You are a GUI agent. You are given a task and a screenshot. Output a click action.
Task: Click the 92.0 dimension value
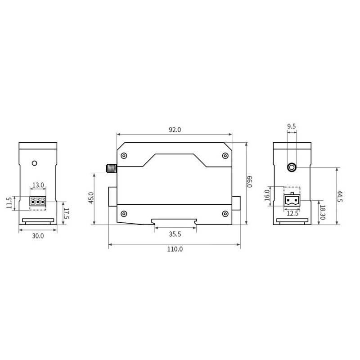(x=174, y=130)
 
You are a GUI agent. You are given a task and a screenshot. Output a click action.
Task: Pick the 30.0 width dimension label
(x=38, y=235)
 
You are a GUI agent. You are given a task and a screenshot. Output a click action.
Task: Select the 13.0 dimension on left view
(x=38, y=185)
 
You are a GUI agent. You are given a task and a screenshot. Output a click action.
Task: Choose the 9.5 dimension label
(x=291, y=126)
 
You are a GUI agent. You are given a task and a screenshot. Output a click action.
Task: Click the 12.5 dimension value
(x=292, y=213)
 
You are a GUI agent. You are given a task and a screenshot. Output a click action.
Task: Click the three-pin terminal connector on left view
(x=38, y=202)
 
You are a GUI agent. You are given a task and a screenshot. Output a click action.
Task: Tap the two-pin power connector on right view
(x=292, y=200)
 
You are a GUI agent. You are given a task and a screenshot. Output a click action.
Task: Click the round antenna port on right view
(x=292, y=167)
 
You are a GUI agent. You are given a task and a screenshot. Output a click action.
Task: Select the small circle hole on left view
(x=34, y=162)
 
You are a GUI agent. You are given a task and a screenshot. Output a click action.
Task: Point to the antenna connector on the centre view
(x=111, y=169)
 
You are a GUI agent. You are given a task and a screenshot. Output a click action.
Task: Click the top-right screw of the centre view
(x=225, y=155)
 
